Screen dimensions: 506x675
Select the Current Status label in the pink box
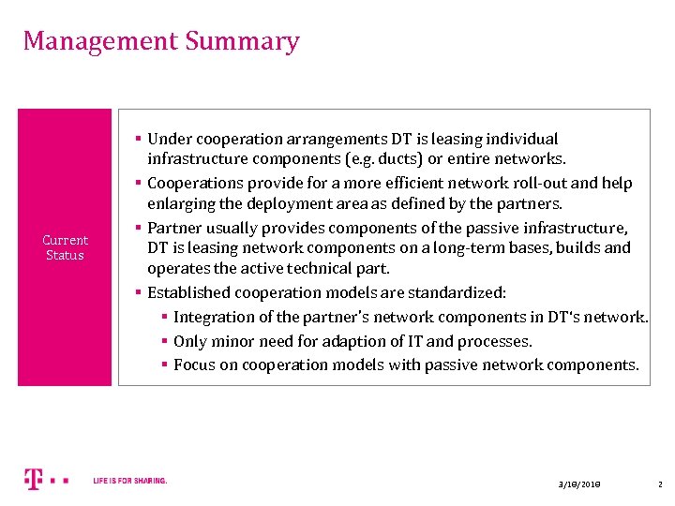65,247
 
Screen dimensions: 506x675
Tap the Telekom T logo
34,480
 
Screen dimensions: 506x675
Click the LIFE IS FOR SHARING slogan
130,481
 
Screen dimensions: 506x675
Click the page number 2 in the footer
659,484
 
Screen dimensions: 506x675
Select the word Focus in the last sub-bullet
194,365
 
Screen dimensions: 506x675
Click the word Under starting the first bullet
170,139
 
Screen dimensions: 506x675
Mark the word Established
187,292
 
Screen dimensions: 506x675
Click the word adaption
365,341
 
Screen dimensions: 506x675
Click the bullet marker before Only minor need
164,341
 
